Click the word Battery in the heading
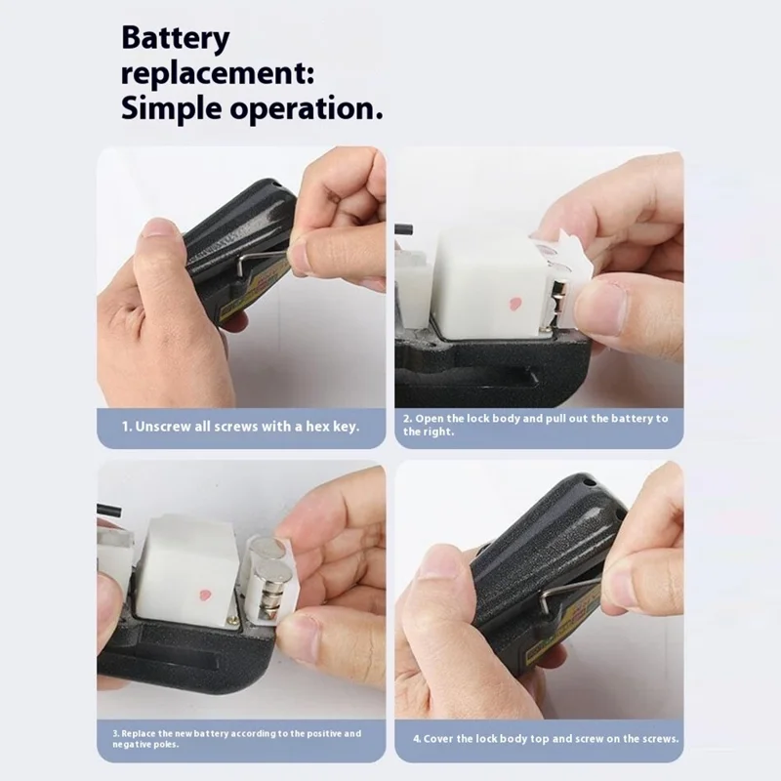176,39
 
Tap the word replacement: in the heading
218,74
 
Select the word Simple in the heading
172,108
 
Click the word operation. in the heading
307,108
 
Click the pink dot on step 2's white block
514,303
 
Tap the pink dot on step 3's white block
205,595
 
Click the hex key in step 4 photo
568,592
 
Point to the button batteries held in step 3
269,578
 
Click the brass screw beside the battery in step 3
232,621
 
